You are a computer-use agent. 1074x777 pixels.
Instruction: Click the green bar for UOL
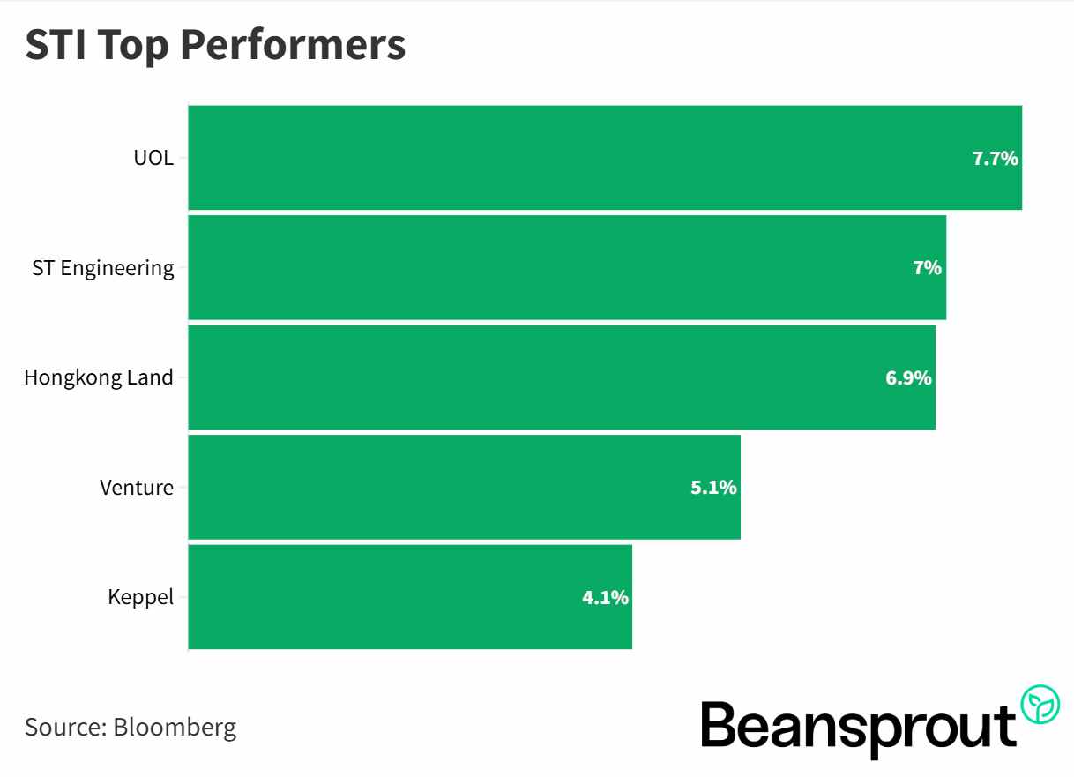605,158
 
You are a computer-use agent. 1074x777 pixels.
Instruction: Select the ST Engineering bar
567,267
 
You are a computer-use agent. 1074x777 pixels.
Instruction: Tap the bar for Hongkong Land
562,377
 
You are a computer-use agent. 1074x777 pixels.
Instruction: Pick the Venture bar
464,487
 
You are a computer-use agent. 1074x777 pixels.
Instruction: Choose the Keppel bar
410,597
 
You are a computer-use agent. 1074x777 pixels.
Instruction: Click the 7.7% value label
995,159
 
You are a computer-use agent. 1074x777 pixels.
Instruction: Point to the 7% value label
928,268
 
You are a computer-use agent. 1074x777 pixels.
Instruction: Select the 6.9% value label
908,378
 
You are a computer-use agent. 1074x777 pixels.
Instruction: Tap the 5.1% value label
713,488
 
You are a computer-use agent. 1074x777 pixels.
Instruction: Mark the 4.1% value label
605,598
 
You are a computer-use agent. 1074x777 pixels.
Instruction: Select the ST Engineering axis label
103,268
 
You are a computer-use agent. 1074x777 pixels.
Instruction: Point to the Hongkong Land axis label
99,378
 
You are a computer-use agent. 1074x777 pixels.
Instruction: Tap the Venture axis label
137,488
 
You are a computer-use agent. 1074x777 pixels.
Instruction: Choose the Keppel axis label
140,598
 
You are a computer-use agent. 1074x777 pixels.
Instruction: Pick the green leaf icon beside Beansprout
1040,706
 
